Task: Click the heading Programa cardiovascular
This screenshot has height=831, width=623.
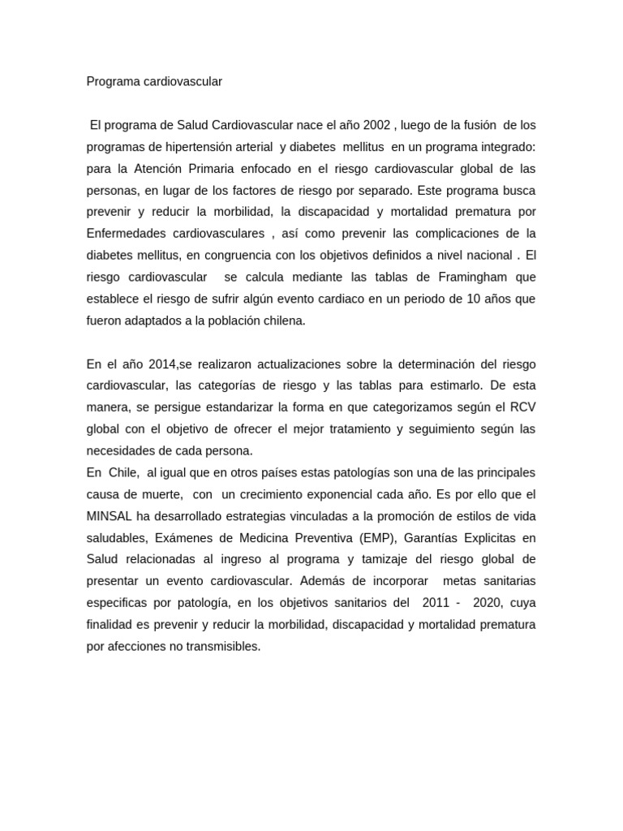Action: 154,82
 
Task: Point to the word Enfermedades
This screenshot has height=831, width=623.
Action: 127,234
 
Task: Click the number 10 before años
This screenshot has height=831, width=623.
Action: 475,299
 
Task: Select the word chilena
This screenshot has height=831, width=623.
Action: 280,321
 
